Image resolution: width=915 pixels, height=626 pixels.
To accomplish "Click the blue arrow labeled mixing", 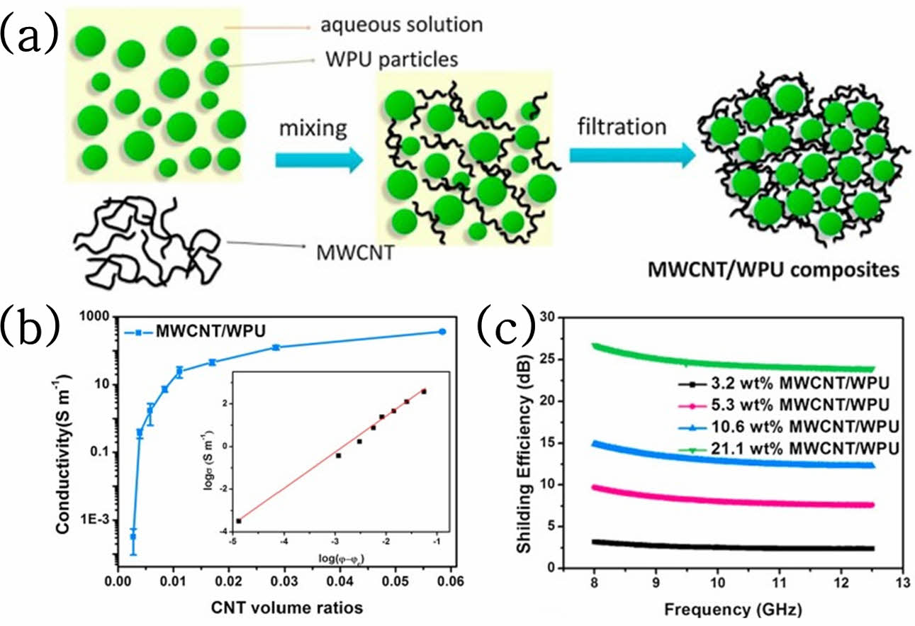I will point(319,160).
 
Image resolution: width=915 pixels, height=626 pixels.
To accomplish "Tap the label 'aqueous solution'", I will point(401,26).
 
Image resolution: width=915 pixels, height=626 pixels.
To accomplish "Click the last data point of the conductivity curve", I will point(442,332).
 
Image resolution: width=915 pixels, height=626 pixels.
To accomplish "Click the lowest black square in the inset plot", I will point(239,521).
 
